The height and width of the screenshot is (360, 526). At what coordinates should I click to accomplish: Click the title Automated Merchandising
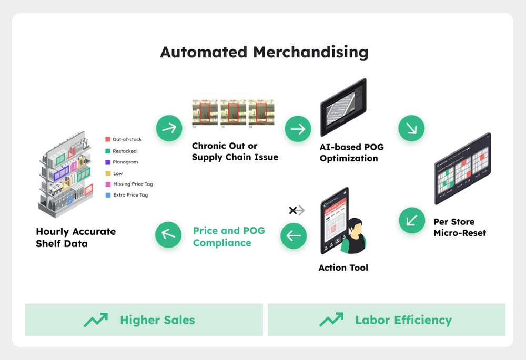(x=264, y=53)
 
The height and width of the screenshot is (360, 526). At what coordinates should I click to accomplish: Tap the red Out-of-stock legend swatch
(x=108, y=139)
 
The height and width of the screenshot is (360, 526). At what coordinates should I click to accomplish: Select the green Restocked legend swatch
(x=108, y=151)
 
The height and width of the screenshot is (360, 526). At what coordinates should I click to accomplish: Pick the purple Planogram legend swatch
(x=108, y=162)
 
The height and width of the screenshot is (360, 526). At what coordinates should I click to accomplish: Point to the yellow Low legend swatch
(x=108, y=173)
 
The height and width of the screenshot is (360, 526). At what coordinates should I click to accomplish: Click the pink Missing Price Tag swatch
(x=108, y=184)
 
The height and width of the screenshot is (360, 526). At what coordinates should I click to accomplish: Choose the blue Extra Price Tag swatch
(x=108, y=195)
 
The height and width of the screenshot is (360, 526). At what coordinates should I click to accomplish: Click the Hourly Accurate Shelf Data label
(x=76, y=238)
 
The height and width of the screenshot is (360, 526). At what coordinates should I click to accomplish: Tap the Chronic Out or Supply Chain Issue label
(x=235, y=151)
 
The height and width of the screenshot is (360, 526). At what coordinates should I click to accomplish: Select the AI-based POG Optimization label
(x=351, y=152)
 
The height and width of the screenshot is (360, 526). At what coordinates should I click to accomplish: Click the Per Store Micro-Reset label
(x=460, y=227)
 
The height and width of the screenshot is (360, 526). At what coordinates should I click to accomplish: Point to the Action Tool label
(x=343, y=268)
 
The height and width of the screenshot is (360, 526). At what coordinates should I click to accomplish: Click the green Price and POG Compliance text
(x=229, y=236)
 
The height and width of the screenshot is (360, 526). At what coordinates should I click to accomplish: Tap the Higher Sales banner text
(x=157, y=320)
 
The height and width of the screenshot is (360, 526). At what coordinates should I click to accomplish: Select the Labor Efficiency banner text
(x=403, y=320)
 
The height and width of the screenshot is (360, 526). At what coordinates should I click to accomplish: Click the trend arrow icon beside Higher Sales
(x=96, y=320)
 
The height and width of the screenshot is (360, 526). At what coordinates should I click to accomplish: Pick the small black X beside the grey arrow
(x=292, y=211)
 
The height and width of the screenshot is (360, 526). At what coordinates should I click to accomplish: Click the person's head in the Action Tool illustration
(x=353, y=227)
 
